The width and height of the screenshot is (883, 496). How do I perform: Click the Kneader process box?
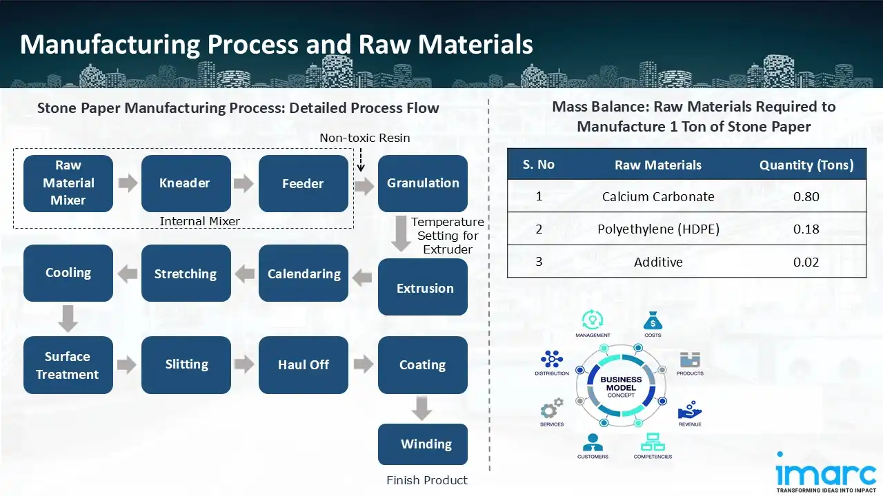tap(186, 183)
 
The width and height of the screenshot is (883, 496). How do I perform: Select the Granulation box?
tap(422, 183)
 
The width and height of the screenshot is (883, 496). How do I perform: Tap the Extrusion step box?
tap(422, 287)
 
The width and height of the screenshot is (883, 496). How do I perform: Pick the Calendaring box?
tap(304, 273)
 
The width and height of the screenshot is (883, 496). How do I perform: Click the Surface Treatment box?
tap(68, 365)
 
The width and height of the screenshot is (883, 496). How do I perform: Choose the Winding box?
tap(422, 444)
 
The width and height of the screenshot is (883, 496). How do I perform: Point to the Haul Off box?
tap(304, 365)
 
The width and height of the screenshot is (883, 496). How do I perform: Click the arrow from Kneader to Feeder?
tap(244, 184)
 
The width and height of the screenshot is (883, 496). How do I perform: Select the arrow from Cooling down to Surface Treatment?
tap(68, 319)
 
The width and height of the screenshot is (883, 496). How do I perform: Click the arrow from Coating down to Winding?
tap(422, 408)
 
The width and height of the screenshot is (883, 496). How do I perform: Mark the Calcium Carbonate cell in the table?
tap(657, 196)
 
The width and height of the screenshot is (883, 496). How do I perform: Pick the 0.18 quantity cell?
tap(806, 229)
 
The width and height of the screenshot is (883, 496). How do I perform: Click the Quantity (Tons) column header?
tap(806, 165)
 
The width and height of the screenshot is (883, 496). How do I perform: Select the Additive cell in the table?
tap(657, 262)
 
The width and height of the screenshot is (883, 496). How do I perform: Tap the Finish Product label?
tap(426, 480)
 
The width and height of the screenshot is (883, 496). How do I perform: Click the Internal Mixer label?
tap(199, 221)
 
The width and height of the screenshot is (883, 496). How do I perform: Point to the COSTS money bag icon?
tap(653, 321)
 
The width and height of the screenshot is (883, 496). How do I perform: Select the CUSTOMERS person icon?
tap(593, 442)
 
